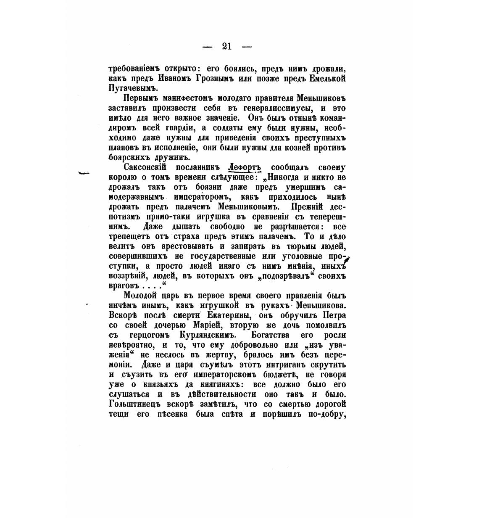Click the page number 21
[x=227, y=47]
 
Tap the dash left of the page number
[x=208, y=47]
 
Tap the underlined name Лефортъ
[x=244, y=167]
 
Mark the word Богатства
[x=272, y=335]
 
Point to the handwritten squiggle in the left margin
[x=84, y=173]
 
